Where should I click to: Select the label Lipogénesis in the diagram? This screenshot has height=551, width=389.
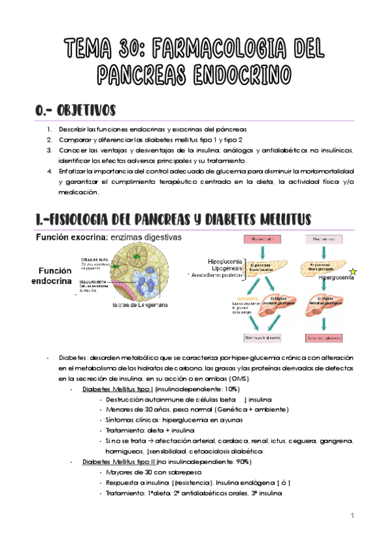tap(227, 266)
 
